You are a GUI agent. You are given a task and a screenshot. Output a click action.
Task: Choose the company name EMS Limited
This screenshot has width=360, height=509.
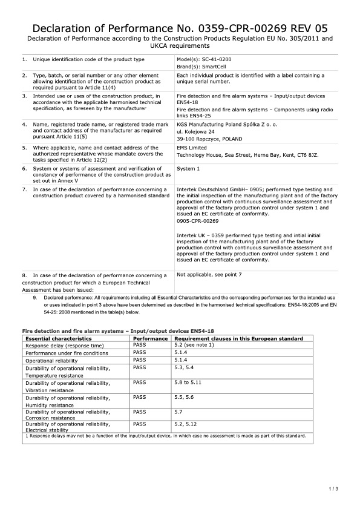[x=192, y=148]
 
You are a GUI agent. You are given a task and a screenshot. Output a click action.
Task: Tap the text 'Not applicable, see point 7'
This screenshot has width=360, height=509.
[x=209, y=275]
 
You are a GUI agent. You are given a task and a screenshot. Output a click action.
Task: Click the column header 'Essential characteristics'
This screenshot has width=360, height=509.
[x=58, y=339]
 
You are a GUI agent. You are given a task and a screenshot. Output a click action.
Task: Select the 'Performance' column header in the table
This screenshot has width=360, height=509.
[x=150, y=339]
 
